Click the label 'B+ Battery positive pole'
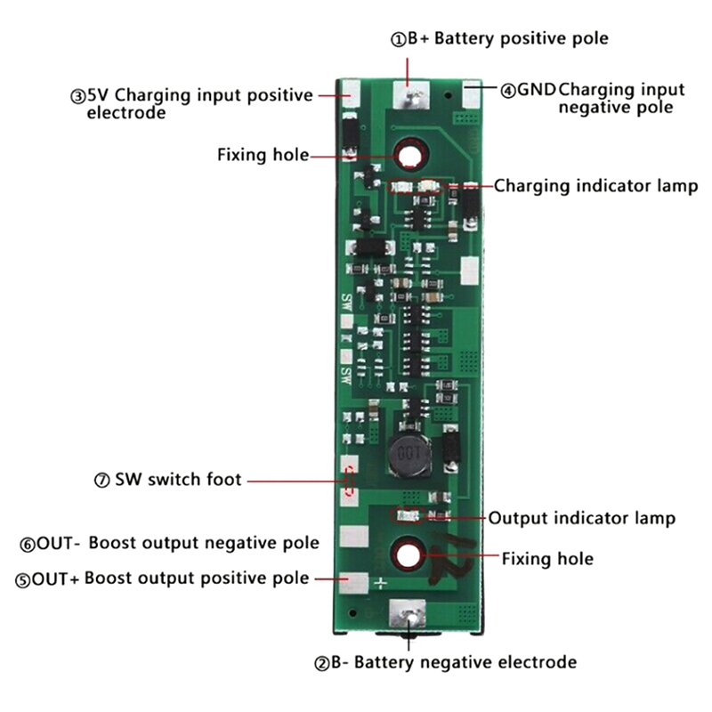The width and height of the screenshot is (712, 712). [x=498, y=38]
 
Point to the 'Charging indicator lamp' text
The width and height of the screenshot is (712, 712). [x=595, y=186]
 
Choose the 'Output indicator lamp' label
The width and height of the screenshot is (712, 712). [x=582, y=518]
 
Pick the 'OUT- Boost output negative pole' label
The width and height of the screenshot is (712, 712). [x=169, y=542]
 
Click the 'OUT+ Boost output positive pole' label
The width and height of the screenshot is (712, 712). [x=162, y=578]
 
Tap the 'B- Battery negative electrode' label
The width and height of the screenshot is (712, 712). [x=444, y=662]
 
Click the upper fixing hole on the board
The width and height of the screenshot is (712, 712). [x=409, y=156]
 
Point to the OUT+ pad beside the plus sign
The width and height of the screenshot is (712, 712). [x=353, y=582]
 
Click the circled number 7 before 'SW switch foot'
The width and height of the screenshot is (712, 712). [x=101, y=481]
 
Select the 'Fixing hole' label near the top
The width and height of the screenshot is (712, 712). [x=263, y=156]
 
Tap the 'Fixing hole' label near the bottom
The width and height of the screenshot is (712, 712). [x=547, y=559]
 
